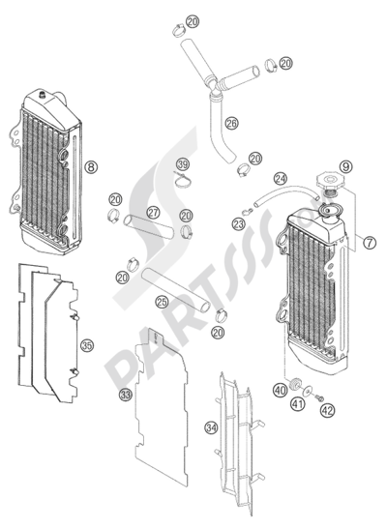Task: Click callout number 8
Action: pyautogui.click(x=91, y=167)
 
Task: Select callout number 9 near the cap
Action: pyautogui.click(x=345, y=166)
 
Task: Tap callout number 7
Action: pyautogui.click(x=370, y=243)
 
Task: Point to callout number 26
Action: pyautogui.click(x=232, y=123)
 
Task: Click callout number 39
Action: pyautogui.click(x=183, y=165)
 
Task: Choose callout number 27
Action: pyautogui.click(x=153, y=213)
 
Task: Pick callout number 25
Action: pyautogui.click(x=162, y=302)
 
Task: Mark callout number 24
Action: pyautogui.click(x=281, y=179)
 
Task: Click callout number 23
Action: pyautogui.click(x=239, y=224)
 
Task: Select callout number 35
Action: pyautogui.click(x=87, y=346)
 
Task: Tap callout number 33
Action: pyautogui.click(x=126, y=395)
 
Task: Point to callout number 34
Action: pyautogui.click(x=211, y=428)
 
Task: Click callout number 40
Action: pyautogui.click(x=280, y=391)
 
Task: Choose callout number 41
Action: pyautogui.click(x=298, y=403)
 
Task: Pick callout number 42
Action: pyautogui.click(x=327, y=411)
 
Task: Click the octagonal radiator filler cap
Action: pyautogui.click(x=329, y=181)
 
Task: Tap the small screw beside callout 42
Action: pyautogui.click(x=319, y=398)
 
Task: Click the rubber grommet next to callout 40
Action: pyautogui.click(x=295, y=384)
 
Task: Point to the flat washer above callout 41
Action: pyautogui.click(x=308, y=392)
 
